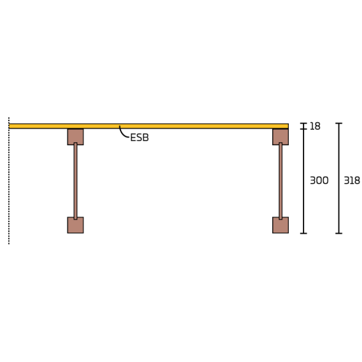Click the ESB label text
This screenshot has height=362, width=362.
140,138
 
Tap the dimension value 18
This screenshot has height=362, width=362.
315,126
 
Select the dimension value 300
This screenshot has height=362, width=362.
319,181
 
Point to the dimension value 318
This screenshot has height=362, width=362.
352,181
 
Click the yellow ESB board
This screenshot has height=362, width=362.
149,126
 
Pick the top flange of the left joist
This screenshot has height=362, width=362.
76,137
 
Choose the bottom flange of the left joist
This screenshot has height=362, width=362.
76,225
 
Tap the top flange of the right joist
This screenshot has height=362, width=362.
280,137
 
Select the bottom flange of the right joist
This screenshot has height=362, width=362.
280,225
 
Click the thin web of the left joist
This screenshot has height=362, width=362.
76,181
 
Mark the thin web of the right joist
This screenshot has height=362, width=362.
280,181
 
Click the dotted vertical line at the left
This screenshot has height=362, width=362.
9,181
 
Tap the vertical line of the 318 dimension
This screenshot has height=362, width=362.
339,178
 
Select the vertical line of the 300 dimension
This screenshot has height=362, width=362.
304,181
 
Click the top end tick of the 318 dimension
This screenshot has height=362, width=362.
339,123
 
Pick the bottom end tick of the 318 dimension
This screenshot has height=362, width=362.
339,233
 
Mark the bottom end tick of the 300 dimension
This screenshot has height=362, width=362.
304,233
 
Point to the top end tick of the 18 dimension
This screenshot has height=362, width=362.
304,123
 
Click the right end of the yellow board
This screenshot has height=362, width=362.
288,126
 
